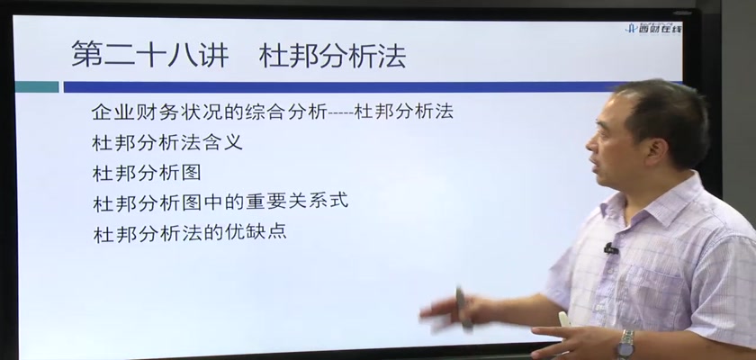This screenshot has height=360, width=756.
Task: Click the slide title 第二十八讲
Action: point(150,54)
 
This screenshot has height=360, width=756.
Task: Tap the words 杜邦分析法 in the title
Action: point(332,56)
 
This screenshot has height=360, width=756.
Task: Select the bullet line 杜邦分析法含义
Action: point(167,142)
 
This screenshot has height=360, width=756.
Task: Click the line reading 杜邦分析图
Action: point(147,173)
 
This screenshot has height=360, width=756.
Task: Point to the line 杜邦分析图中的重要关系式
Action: point(220,202)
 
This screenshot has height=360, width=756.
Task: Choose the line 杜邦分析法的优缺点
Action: point(190,233)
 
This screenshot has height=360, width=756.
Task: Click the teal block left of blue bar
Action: point(37,86)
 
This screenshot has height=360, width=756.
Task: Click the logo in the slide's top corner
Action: point(653,28)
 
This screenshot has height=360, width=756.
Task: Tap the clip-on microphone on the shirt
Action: point(611,248)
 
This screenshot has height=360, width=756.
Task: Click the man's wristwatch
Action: point(626,344)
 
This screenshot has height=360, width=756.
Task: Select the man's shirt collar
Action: point(641,202)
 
